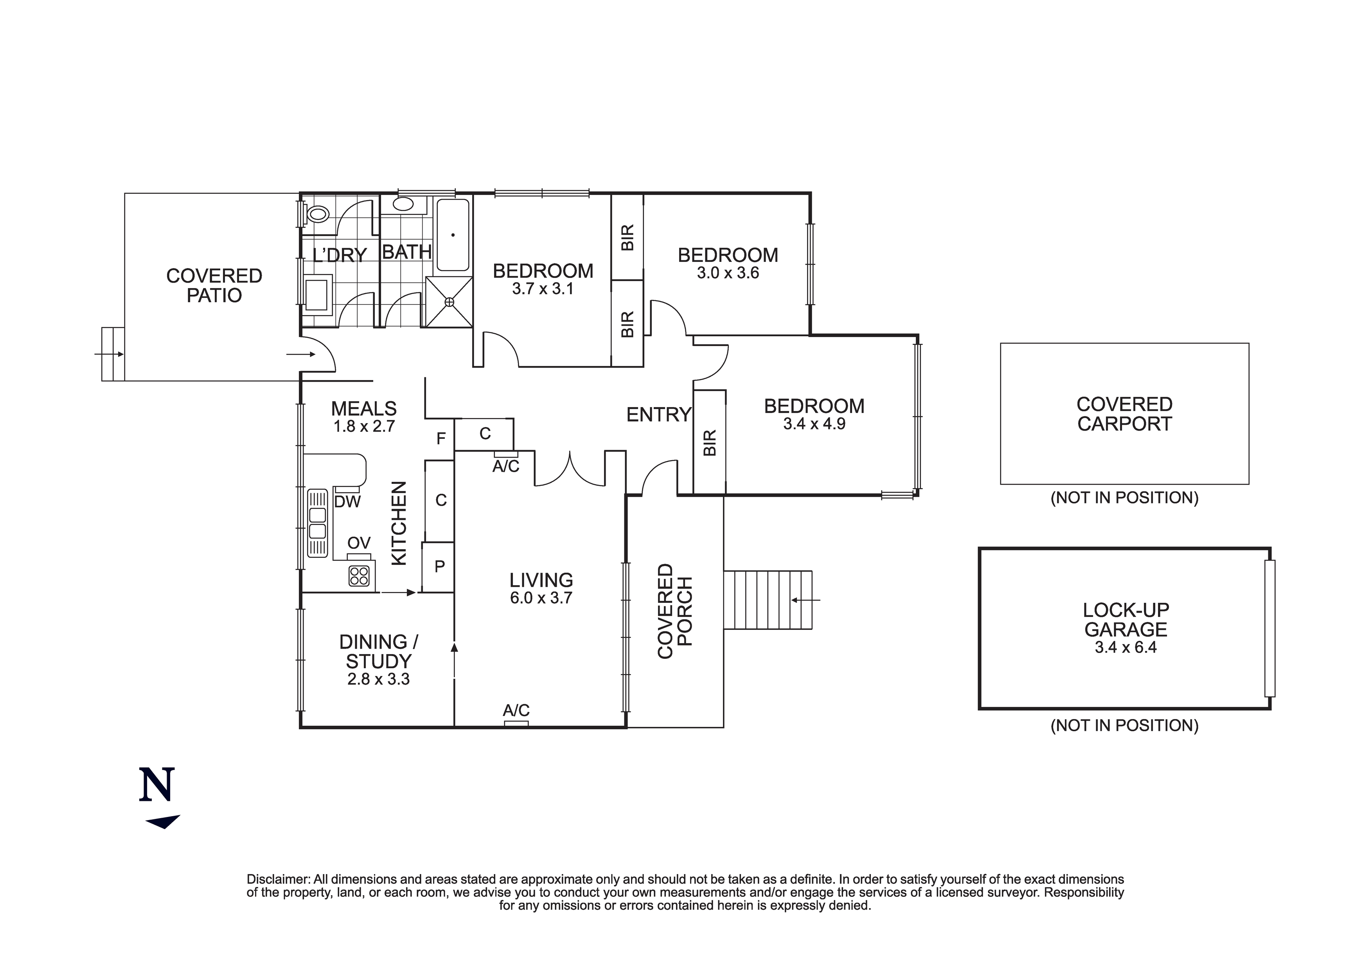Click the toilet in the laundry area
coord(317,213)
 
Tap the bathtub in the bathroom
coord(453,235)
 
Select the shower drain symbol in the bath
coord(450,303)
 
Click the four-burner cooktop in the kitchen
coord(359,576)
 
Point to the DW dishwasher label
coord(347,502)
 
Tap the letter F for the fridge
coord(441,439)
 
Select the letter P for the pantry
coord(440,566)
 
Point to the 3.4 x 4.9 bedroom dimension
coord(814,424)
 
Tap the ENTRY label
coord(658,415)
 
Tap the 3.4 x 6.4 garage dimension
coord(1125,647)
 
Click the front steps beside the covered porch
coord(768,600)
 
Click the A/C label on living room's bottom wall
coord(516,710)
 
